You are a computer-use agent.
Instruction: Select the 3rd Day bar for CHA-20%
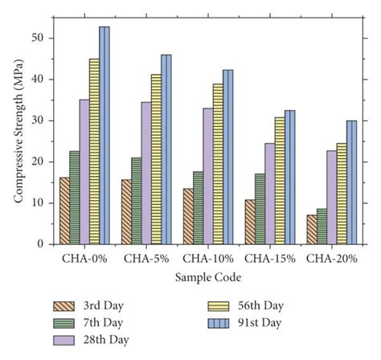coord(311,229)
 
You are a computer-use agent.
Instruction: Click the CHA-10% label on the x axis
coord(207,259)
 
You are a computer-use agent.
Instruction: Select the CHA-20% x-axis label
coord(331,259)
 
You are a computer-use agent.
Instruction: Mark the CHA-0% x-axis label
coord(84,259)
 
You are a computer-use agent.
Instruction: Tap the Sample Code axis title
coord(207,276)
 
